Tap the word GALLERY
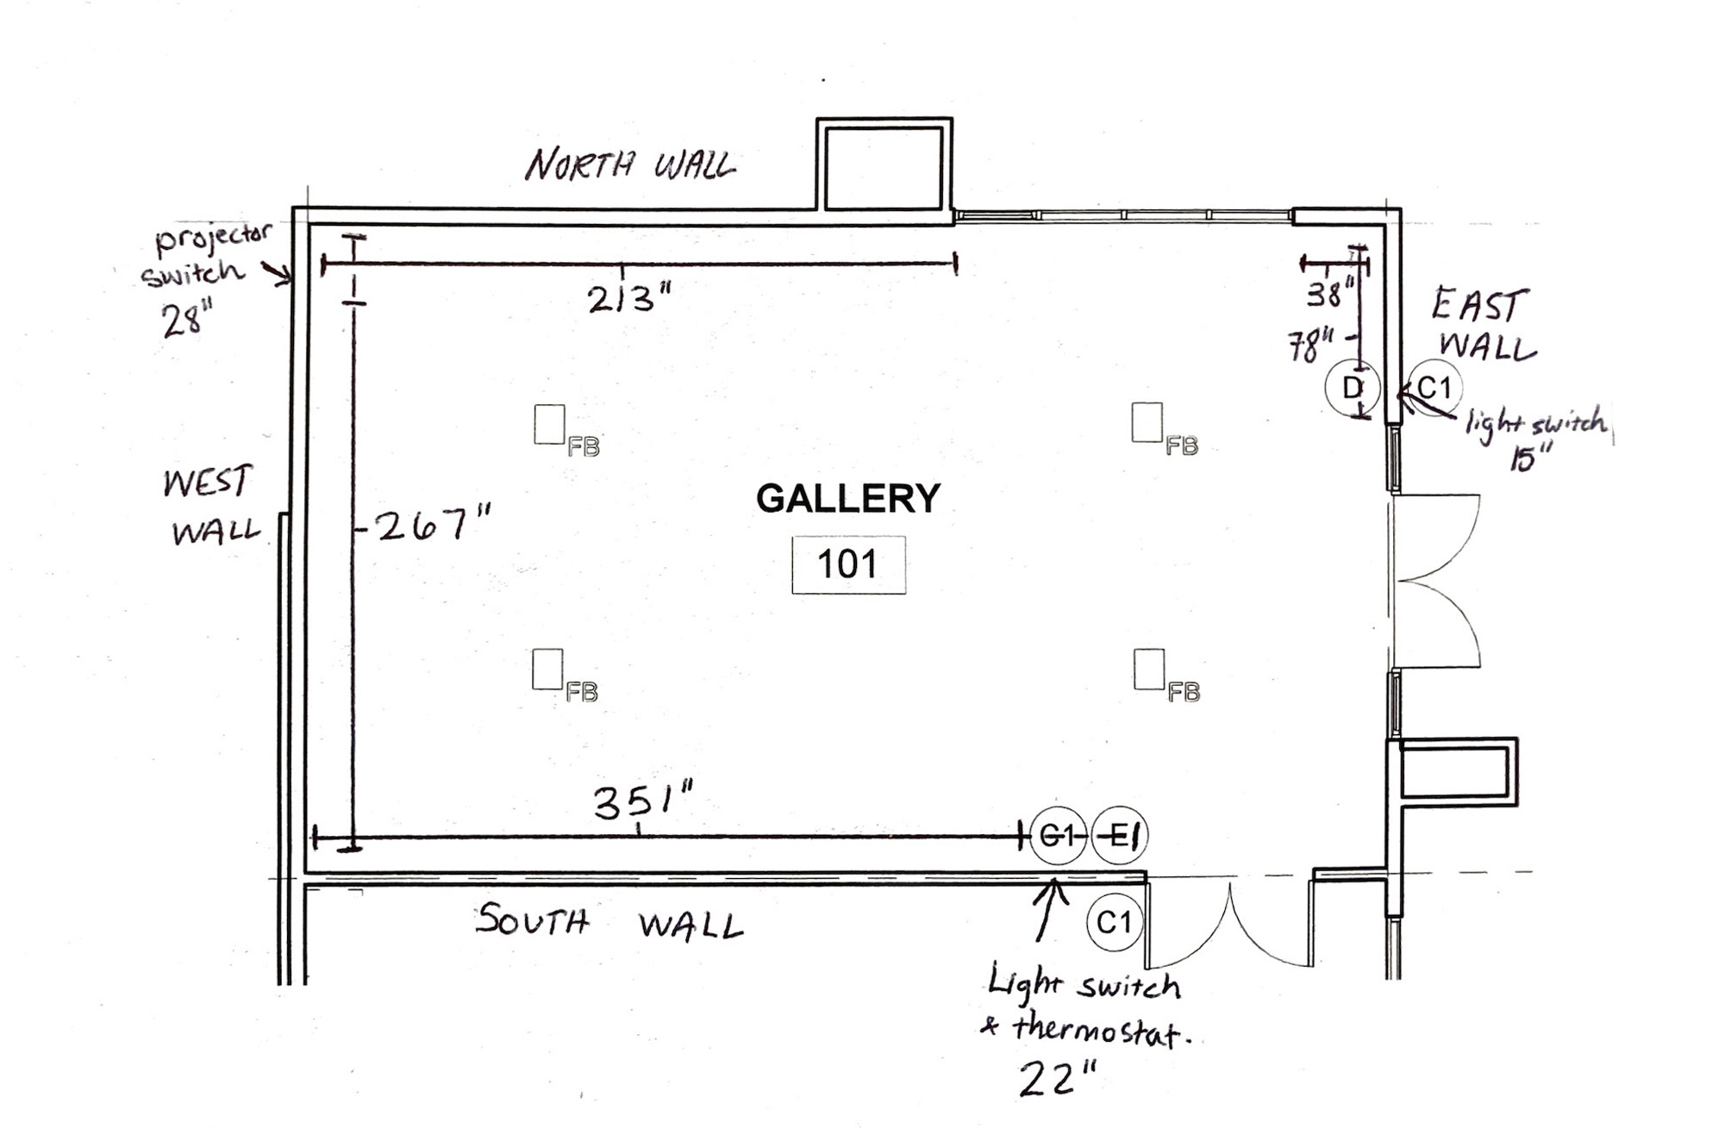(848, 498)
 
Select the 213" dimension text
(628, 299)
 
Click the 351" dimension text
(643, 801)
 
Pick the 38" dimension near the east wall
(1329, 293)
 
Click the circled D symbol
(1353, 388)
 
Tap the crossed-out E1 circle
(1120, 835)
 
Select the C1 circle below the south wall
(1114, 922)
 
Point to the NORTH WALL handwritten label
(630, 164)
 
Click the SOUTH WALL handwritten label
(609, 922)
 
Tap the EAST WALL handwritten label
(1483, 325)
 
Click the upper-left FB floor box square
(549, 424)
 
